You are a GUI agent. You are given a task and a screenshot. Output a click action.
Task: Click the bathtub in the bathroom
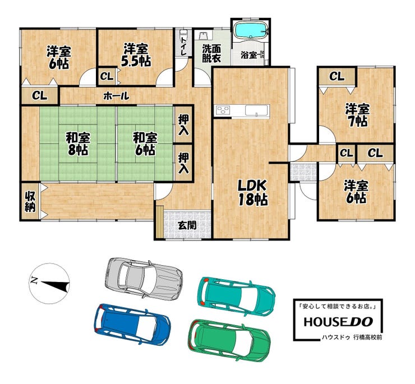(x=251, y=30)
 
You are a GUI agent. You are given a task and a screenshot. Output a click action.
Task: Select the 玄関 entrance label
(x=187, y=225)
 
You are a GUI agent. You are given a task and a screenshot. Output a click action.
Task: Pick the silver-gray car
(x=144, y=279)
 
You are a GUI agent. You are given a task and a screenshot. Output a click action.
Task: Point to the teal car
(x=236, y=297)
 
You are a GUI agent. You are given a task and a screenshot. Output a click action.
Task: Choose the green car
(x=229, y=340)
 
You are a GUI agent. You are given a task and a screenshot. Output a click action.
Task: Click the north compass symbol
(x=49, y=284)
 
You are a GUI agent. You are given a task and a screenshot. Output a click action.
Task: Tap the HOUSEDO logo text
(x=338, y=322)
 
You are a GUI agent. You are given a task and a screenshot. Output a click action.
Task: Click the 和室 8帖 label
(x=78, y=144)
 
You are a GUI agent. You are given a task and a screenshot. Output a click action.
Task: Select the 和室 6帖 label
(x=145, y=144)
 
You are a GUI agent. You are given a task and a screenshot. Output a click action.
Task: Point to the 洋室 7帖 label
(x=357, y=115)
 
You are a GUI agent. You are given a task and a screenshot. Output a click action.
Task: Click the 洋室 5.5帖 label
(x=136, y=55)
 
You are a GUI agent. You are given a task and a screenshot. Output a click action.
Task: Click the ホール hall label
(x=116, y=96)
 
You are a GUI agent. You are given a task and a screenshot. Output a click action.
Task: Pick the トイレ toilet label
(x=183, y=46)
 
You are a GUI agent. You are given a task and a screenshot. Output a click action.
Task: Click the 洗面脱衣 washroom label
(x=212, y=53)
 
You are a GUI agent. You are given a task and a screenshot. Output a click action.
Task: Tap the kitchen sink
(x=257, y=110)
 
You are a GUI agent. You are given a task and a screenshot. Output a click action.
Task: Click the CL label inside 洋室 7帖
(x=336, y=76)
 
